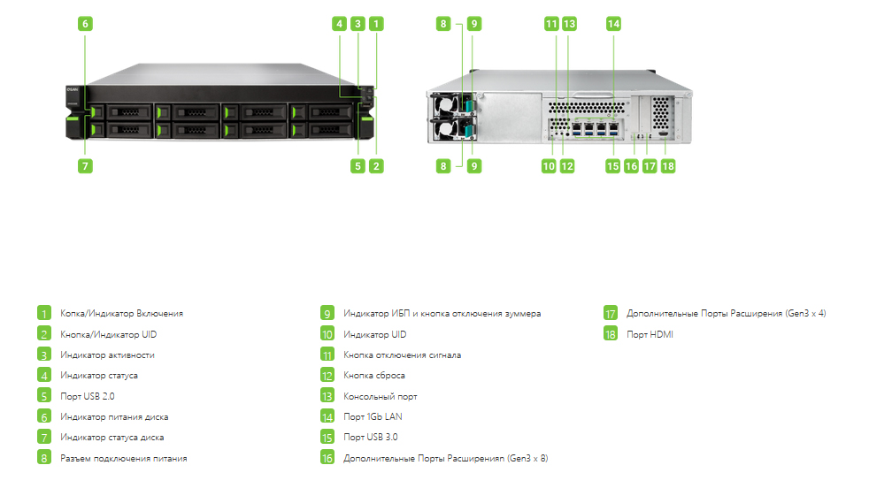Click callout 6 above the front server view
coord(85,24)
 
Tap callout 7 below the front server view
coord(85,166)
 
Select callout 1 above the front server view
coord(376,24)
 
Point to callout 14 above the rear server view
coord(613,24)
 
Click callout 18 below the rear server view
coord(668,166)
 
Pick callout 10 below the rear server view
coord(549,166)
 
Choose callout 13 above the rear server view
coord(569,24)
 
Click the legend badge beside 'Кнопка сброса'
coord(327,376)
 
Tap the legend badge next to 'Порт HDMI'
coord(611,334)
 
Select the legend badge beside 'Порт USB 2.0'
coord(44,396)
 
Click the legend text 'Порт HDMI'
coord(650,334)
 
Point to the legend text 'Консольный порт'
coord(381,397)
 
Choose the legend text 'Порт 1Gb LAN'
coord(373,416)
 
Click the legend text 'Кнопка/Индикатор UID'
coord(109,334)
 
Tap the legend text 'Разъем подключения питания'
coord(124,459)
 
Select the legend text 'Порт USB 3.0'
coord(370,437)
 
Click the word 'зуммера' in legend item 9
coord(522,314)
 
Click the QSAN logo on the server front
coord(73,89)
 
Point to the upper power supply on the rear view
coord(451,104)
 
